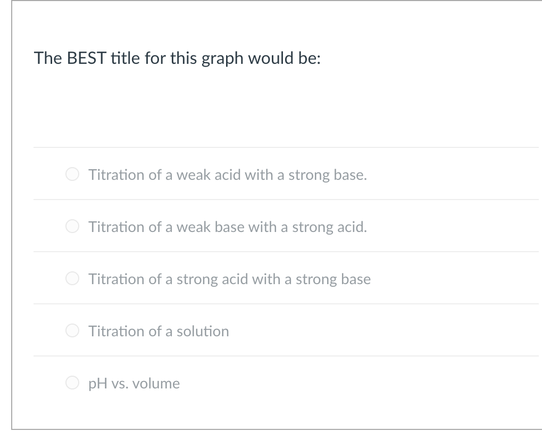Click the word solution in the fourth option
(203, 331)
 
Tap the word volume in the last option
(157, 383)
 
